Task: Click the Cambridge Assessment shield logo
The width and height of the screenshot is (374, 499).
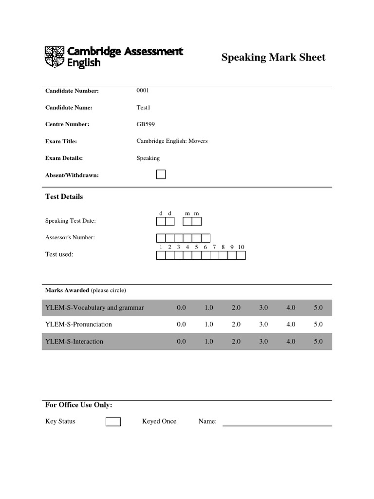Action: click(54, 57)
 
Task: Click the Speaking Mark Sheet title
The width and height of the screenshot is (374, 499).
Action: click(273, 58)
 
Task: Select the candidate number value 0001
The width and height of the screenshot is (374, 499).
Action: click(143, 91)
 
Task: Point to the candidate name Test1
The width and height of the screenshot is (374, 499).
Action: click(144, 108)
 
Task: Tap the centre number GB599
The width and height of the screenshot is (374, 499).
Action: click(146, 124)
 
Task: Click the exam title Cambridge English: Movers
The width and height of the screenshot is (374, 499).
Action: click(172, 141)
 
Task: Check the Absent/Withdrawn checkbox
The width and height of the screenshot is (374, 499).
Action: click(161, 174)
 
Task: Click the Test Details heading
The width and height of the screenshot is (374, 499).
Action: click(64, 197)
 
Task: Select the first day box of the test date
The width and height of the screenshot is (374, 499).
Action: click(161, 222)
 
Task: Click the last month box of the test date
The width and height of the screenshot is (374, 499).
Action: click(196, 222)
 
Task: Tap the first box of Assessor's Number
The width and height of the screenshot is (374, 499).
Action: click(161, 238)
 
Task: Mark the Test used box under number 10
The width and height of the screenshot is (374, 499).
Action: click(241, 255)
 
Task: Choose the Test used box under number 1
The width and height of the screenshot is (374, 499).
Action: click(161, 255)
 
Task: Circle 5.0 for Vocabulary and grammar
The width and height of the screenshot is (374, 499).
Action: click(318, 308)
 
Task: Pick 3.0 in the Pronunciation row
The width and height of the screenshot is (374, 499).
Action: click(263, 325)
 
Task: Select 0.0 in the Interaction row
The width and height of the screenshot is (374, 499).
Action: click(182, 342)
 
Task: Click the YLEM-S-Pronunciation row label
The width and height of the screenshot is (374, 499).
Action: click(78, 325)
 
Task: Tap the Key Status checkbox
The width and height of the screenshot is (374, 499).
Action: click(113, 422)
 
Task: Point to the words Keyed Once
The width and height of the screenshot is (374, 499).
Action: click(159, 422)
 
